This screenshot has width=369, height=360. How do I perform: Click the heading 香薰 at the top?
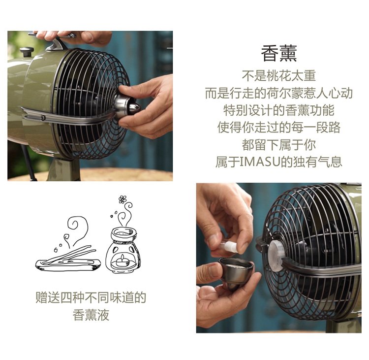[278, 54]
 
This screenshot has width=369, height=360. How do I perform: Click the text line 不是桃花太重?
[278, 76]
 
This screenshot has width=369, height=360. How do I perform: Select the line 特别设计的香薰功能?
[278, 110]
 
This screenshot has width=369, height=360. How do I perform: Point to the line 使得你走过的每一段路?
[278, 128]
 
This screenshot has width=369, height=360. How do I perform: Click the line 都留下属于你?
[278, 145]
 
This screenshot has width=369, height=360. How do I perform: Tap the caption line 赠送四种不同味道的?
[91, 297]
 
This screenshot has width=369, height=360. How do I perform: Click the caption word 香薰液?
[91, 315]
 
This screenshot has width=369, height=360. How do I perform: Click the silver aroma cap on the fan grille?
[126, 106]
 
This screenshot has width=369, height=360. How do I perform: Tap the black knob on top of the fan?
[27, 51]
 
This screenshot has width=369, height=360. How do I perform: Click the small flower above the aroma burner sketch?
[123, 199]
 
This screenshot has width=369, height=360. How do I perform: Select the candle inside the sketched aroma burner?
[122, 259]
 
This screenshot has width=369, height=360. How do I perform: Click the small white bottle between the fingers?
[228, 246]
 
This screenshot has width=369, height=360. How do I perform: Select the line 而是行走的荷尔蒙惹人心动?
[278, 93]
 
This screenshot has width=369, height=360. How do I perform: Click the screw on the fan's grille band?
[43, 117]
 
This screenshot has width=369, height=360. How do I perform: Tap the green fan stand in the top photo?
[63, 169]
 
